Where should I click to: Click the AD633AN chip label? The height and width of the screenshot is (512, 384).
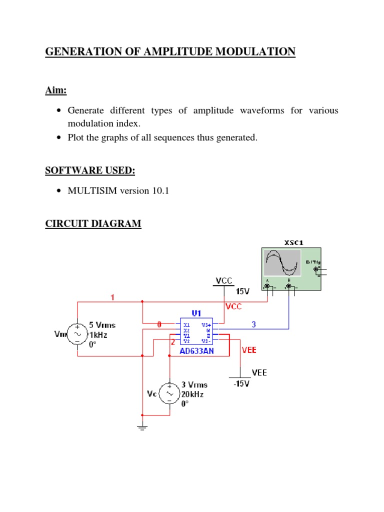pos(196,351)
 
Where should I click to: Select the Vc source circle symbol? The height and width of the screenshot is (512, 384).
pos(170,393)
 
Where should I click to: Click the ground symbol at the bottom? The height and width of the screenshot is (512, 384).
pos(142,427)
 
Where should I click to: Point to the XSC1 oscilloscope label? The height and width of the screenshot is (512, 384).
pos(293,243)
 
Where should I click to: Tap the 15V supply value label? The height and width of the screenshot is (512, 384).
pos(242,291)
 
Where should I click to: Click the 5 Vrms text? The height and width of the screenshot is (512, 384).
pos(102,325)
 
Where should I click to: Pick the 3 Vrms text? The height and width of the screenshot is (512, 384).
pos(194,385)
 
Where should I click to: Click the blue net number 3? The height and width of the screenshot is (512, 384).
pos(253,324)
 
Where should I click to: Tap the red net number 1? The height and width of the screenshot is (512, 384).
pos(112,297)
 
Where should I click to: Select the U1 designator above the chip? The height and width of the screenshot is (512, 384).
pos(196,313)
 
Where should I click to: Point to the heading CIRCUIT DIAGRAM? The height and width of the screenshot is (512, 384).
pos(93,224)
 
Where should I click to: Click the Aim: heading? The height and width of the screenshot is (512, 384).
pos(56,90)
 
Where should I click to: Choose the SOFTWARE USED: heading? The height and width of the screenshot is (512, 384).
pos(90,170)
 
